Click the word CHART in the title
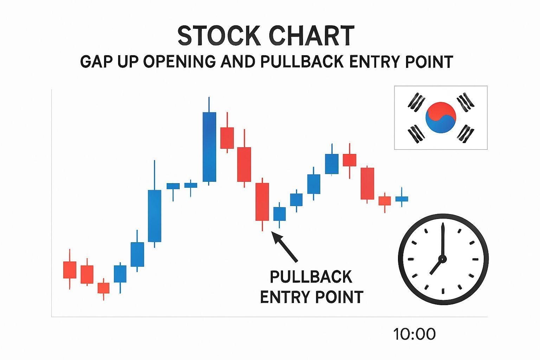click(x=311, y=36)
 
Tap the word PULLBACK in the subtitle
click(x=302, y=62)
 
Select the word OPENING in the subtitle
click(x=179, y=62)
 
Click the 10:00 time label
click(x=414, y=334)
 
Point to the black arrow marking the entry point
click(x=284, y=246)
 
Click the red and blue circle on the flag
click(x=441, y=117)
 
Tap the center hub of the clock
click(x=443, y=259)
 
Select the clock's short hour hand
click(x=436, y=267)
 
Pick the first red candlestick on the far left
click(x=70, y=269)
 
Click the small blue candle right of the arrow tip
click(x=279, y=215)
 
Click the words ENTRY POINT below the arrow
click(x=312, y=297)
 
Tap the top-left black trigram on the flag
click(x=416, y=102)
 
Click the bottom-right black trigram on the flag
click(x=465, y=134)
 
